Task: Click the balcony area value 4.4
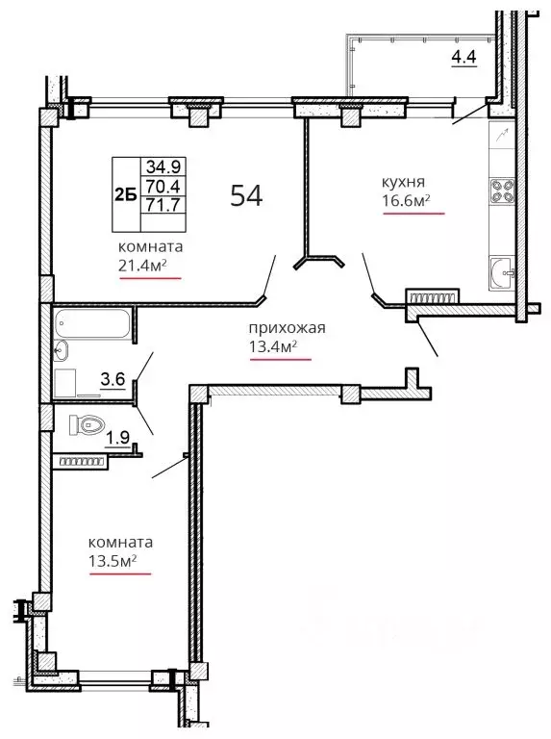click(x=463, y=57)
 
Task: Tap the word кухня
click(x=403, y=182)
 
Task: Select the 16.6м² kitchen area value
click(x=406, y=201)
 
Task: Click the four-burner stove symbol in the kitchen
click(x=502, y=191)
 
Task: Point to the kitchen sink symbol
click(x=502, y=272)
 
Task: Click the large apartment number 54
click(x=246, y=195)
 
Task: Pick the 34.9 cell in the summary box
click(x=163, y=166)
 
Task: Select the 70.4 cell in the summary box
click(x=163, y=186)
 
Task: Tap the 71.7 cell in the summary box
click(x=163, y=205)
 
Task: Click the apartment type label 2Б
click(x=126, y=194)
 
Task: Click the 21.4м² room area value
click(x=142, y=266)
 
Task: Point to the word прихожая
click(x=287, y=327)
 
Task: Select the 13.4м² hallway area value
click(x=273, y=346)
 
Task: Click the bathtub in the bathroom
click(x=92, y=323)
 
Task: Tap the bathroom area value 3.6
click(x=113, y=378)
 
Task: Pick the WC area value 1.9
click(x=117, y=439)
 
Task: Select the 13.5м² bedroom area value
click(x=113, y=561)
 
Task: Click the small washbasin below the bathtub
click(x=61, y=350)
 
